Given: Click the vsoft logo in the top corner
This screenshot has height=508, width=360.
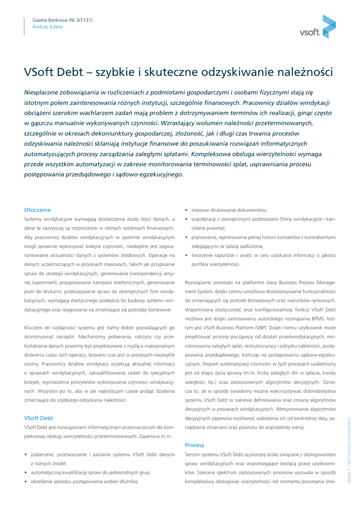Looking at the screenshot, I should point(318,28).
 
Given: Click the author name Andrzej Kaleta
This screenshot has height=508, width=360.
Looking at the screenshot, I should point(48,27).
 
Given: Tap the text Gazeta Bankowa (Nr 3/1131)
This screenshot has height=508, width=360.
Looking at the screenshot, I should point(62,20).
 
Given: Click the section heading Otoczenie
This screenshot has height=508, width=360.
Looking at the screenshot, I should point(37,210).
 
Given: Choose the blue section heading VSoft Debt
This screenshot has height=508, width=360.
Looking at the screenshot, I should point(38,418).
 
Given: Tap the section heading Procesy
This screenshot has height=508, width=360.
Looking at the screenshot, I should point(195,445).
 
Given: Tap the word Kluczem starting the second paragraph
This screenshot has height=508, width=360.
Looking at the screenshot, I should point(34,328).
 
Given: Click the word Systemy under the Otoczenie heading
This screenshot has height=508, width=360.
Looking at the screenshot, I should point(34,219).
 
